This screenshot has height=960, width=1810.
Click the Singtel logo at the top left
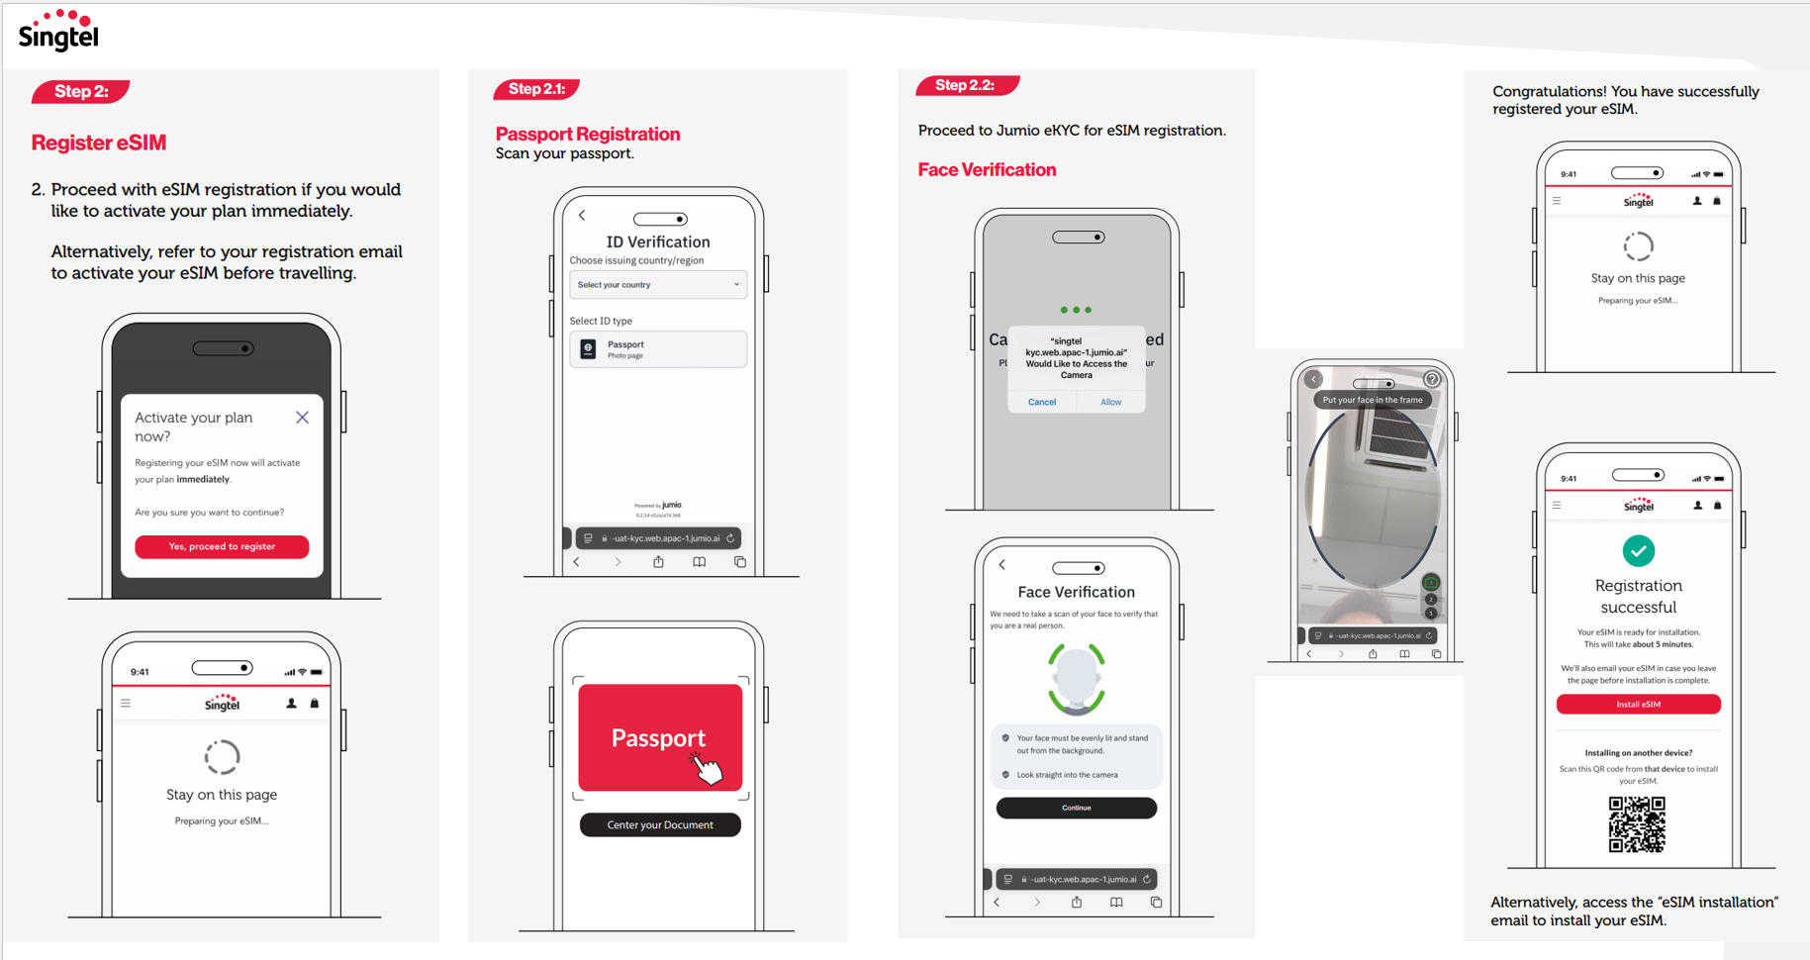click(58, 31)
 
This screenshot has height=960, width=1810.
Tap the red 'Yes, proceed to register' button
click(222, 546)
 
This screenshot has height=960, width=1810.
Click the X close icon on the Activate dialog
click(302, 418)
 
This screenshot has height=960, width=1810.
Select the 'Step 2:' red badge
click(81, 92)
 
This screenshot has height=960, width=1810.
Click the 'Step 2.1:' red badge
click(536, 89)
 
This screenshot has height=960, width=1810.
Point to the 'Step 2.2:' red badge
click(966, 86)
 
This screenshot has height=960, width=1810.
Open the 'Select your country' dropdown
click(658, 285)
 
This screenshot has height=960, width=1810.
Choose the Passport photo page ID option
click(658, 349)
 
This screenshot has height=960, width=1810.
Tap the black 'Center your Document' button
click(660, 824)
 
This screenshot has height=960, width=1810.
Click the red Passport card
click(660, 737)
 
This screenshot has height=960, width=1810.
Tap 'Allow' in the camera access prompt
click(1110, 402)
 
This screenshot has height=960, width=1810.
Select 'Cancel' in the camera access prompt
click(1042, 402)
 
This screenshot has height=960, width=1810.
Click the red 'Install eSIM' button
click(1638, 705)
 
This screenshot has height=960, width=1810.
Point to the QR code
click(1637, 824)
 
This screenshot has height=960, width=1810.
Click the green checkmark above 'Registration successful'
click(1638, 550)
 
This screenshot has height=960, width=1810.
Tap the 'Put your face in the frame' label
click(1372, 400)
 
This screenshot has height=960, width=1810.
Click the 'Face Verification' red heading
click(987, 170)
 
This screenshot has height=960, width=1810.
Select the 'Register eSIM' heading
click(99, 143)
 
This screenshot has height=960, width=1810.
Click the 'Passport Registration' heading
click(588, 134)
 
